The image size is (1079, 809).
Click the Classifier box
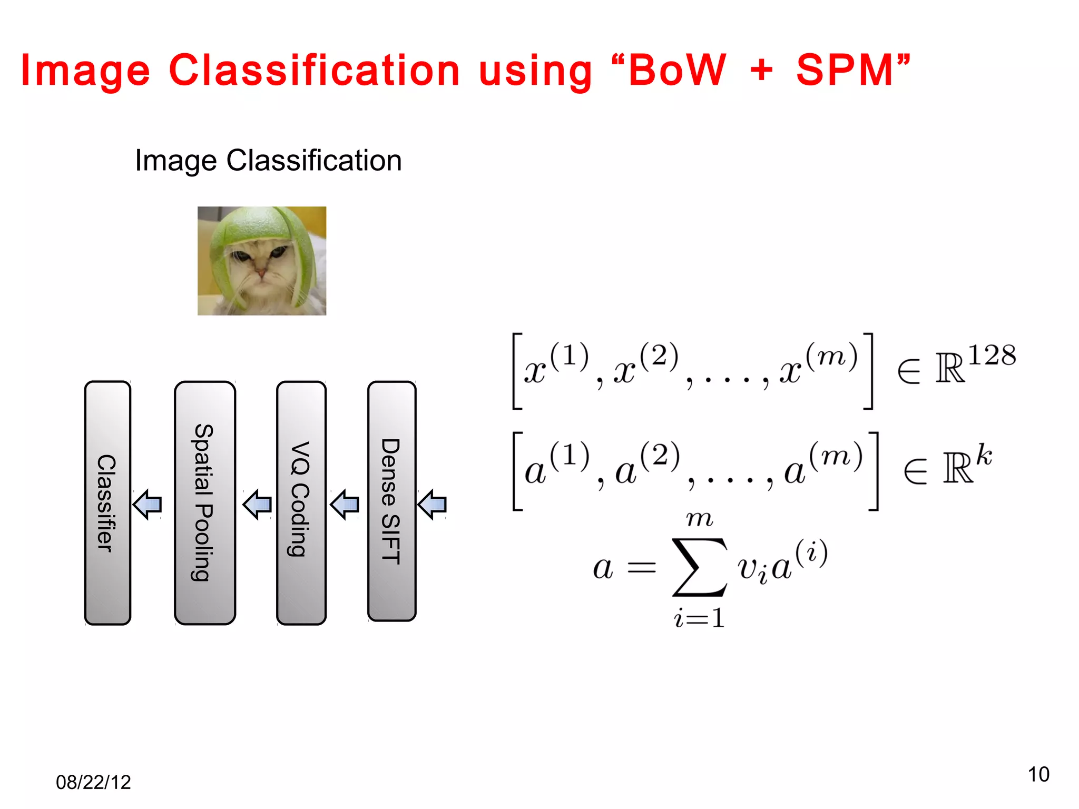point(107,503)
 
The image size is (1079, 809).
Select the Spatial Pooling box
point(205,503)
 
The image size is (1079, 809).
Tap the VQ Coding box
point(301,503)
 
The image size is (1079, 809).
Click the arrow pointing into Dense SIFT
point(432,505)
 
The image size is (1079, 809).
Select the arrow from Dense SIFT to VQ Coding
point(345,505)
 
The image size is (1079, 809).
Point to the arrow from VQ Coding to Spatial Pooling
point(257,505)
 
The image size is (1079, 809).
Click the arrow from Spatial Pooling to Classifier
point(148,505)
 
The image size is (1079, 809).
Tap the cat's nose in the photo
point(260,273)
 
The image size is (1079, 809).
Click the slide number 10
point(1038,774)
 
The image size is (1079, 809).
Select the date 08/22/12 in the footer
point(93,782)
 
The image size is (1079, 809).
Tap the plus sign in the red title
point(761,71)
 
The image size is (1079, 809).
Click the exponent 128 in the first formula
point(992,355)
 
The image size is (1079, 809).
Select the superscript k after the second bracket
point(984,455)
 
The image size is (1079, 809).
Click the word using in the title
point(535,72)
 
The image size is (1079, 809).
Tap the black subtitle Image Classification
point(268,160)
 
